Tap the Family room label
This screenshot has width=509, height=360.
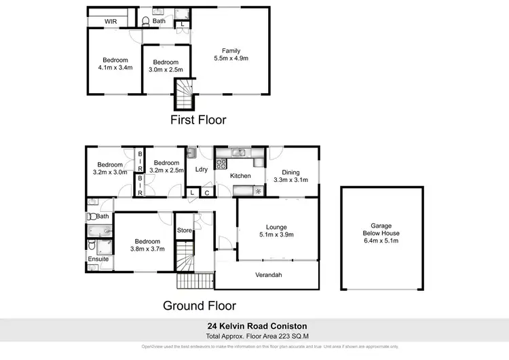[x=231, y=50]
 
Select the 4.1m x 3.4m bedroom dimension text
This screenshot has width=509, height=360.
[x=115, y=67]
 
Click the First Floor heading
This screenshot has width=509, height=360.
[x=198, y=120]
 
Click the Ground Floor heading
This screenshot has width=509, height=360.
[x=199, y=306]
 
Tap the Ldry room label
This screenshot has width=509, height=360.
[x=201, y=170]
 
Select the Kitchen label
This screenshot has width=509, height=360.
[x=241, y=176]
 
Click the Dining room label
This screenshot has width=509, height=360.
[x=290, y=172]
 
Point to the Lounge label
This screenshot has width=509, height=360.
[x=276, y=228]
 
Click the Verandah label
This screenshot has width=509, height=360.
[x=268, y=275]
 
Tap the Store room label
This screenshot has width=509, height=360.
[x=184, y=231]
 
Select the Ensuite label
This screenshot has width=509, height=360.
[x=98, y=259]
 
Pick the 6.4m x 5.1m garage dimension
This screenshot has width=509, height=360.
[x=381, y=240]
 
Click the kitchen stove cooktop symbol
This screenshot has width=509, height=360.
[x=221, y=164]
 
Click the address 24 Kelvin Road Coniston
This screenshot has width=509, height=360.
[x=254, y=325]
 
